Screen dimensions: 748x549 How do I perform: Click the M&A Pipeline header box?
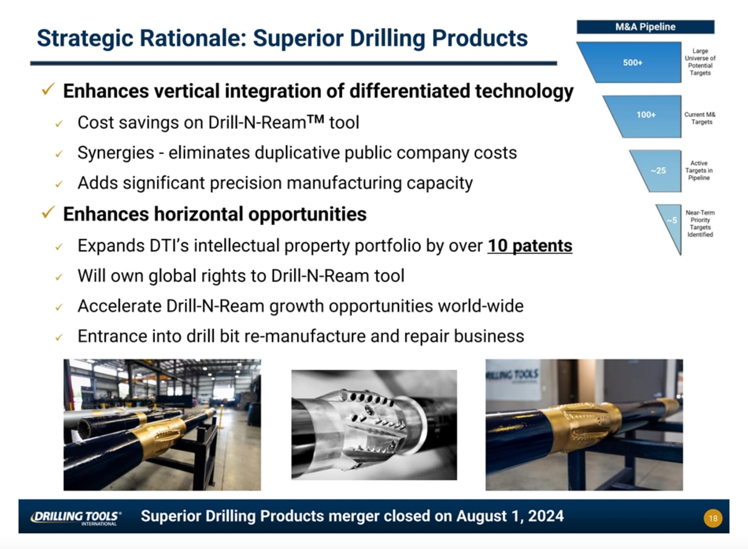645,27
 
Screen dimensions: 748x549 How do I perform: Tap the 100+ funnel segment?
646,115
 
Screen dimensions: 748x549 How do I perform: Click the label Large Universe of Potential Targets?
700,62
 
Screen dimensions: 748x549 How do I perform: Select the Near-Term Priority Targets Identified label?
700,224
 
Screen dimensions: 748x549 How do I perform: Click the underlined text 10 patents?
530,246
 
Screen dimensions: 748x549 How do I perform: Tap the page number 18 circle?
713,518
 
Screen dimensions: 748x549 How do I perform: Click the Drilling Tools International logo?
76,517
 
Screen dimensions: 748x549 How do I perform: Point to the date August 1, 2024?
510,516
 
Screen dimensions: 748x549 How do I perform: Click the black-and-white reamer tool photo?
374,425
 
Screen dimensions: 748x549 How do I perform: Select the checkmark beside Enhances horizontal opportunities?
48,212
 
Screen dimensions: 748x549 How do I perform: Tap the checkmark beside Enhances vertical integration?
48,89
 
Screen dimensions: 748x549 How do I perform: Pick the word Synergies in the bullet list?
116,153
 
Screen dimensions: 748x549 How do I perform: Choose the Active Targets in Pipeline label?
699,171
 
